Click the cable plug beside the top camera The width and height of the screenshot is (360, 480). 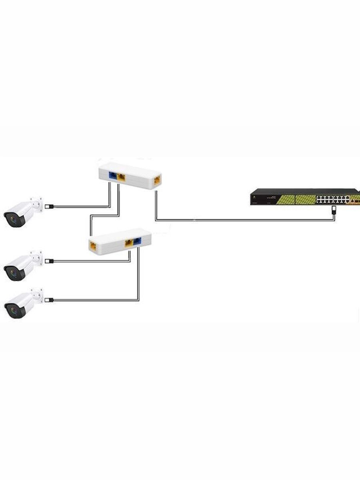[49, 207]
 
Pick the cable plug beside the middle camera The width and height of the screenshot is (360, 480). [49, 261]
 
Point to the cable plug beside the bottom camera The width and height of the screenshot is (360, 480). [50, 300]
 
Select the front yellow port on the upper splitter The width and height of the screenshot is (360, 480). [121, 177]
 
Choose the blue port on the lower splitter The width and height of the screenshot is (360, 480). [137, 241]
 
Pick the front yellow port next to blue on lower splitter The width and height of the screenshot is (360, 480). [129, 242]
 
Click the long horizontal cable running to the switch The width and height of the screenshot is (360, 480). [240, 220]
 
